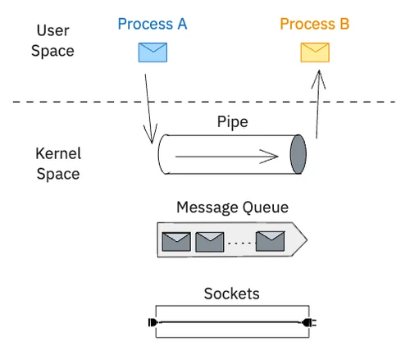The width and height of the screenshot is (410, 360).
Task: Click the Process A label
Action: coord(152,24)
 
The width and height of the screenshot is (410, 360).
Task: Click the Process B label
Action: coord(314,24)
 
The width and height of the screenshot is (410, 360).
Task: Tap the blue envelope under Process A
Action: coord(153,52)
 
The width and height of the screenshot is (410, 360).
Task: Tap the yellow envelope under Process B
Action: coord(314,53)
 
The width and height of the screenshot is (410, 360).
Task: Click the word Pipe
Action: coord(232,122)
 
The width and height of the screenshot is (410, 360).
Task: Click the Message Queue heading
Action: coord(232,207)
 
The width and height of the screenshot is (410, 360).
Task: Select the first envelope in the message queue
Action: coord(176,241)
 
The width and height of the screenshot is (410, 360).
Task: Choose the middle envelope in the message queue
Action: coord(210,241)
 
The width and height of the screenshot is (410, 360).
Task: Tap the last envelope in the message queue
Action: coord(270,241)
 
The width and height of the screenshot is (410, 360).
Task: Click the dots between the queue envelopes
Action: coord(239,244)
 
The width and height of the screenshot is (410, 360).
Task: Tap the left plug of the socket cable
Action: coord(152,322)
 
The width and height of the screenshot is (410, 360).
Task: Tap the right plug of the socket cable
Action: coord(309,322)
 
